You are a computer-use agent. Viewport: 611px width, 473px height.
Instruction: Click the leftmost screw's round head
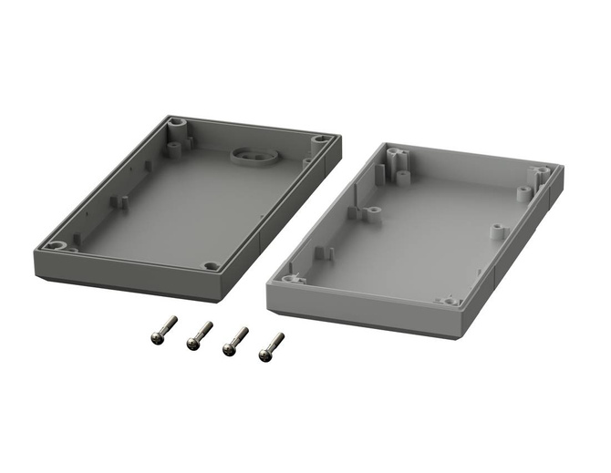tap(157, 337)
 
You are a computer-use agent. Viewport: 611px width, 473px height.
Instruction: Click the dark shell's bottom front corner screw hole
tap(211, 266)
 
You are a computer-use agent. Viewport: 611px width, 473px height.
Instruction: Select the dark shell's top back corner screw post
tap(175, 121)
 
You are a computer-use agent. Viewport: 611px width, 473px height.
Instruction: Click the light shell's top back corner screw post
tap(394, 152)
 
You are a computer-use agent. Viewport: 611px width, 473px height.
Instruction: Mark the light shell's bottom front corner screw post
tap(450, 298)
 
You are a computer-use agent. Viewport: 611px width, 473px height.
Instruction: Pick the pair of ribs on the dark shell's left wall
tap(117, 201)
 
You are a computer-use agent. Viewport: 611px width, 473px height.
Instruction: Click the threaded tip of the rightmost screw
tap(280, 335)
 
